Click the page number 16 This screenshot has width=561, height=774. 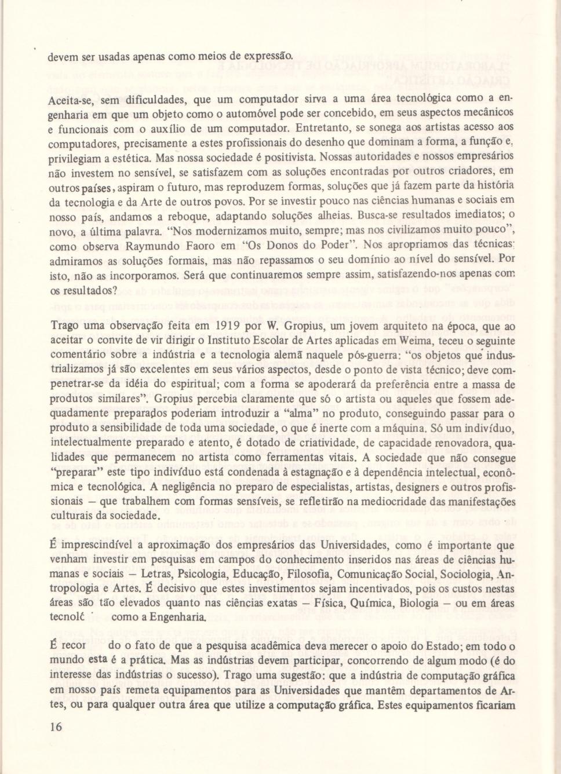point(56,727)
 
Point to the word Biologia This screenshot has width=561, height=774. point(419,603)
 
